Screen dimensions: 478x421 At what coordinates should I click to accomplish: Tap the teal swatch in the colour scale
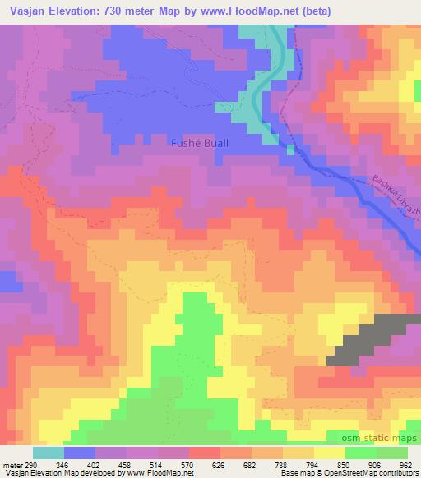pyautogui.click(x=49, y=453)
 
